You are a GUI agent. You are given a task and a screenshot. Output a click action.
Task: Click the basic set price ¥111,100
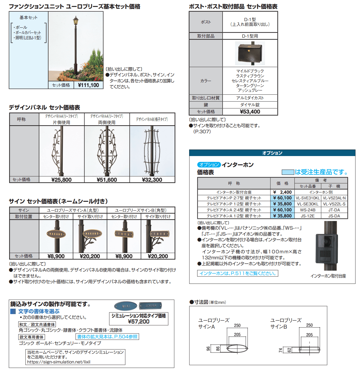[88, 85]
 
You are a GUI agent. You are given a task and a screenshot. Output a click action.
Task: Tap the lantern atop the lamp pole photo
[76, 21]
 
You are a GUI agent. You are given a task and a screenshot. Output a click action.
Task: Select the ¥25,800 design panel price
[61, 180]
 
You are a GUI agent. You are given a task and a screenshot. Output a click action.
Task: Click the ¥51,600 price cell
[107, 180]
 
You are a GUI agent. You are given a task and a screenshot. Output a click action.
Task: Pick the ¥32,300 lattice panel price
[152, 180]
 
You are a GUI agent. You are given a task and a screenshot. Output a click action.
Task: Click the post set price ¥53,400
[250, 112]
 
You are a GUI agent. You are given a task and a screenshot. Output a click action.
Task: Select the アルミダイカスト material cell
[250, 98]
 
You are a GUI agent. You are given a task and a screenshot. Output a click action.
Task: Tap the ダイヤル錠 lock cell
[250, 105]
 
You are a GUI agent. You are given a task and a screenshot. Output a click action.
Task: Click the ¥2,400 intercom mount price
[282, 192]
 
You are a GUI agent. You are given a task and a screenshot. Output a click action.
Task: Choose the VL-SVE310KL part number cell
[308, 198]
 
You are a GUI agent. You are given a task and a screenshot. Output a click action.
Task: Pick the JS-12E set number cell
[308, 216]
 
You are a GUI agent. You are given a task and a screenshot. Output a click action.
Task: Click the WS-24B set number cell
[308, 210]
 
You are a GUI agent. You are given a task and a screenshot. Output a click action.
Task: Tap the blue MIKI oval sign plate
[126, 306]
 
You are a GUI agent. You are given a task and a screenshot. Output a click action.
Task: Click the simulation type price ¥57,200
[139, 322]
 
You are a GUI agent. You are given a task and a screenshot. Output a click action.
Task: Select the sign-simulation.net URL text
[59, 362]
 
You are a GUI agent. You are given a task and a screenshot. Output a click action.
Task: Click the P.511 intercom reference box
[238, 273]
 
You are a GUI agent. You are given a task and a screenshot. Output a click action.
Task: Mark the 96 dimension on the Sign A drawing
[208, 349]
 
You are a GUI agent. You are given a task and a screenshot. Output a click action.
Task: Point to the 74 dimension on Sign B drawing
[280, 350]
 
